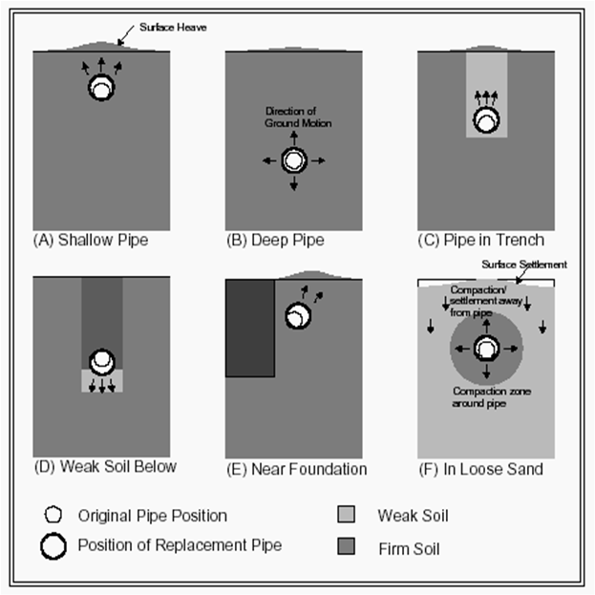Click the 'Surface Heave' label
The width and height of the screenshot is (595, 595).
[x=173, y=28]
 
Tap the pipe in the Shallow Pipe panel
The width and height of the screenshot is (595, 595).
[x=101, y=87]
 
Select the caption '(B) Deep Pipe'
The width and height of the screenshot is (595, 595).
[x=275, y=241]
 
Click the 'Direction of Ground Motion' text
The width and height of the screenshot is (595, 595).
[x=298, y=117]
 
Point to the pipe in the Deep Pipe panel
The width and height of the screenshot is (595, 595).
[x=294, y=160]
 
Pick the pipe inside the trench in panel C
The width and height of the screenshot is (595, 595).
[x=486, y=119]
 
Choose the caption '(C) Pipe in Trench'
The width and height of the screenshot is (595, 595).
[x=481, y=241]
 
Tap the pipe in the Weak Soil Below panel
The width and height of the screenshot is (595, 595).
[x=102, y=362]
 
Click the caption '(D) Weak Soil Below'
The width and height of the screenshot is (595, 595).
[x=105, y=466]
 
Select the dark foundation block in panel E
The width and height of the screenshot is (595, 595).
[x=250, y=329]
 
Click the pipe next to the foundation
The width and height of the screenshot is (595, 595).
[x=298, y=315]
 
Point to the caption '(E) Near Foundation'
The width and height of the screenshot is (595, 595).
[x=297, y=469]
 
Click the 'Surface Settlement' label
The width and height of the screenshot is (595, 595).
[x=524, y=265]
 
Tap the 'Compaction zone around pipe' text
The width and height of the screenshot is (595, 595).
[x=492, y=397]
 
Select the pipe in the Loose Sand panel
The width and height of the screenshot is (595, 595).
[x=486, y=348]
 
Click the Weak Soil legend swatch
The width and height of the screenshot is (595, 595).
[x=346, y=515]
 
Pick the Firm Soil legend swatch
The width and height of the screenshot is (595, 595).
[x=346, y=546]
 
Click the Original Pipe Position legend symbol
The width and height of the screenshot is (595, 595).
[x=53, y=515]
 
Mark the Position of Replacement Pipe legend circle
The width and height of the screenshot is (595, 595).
[x=53, y=546]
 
